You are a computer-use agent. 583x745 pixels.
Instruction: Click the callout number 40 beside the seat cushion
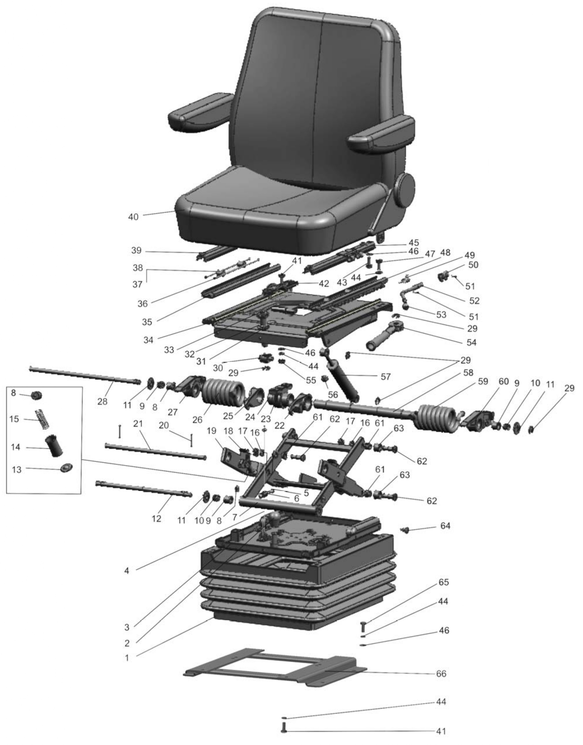pos(134,217)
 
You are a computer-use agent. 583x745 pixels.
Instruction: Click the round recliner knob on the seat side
pos(405,189)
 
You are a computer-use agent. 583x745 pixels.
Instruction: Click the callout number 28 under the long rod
pos(102,402)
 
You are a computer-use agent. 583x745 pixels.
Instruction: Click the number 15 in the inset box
pos(14,419)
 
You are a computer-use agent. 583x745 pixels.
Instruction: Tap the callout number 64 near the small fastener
pos(445,526)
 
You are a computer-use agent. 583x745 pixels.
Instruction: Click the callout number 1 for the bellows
pos(127,658)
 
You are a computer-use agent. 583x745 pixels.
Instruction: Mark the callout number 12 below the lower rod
pos(157,519)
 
